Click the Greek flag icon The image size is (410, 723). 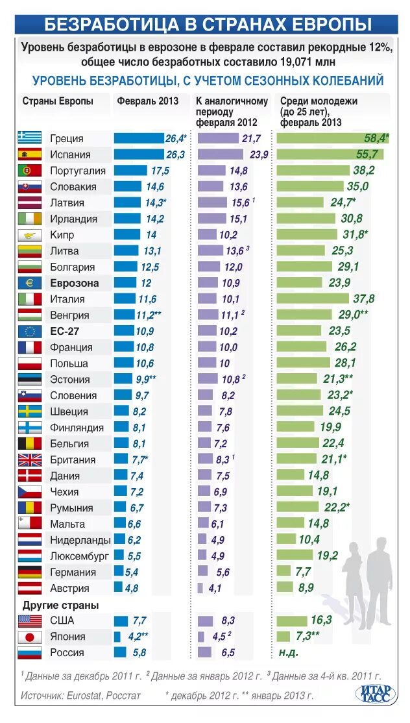point(30,138)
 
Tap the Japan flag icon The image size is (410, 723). point(30,637)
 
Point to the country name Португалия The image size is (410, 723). point(77,171)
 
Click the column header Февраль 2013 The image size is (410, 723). point(147,101)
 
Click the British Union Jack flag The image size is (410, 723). point(30,460)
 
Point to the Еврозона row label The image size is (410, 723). point(74,283)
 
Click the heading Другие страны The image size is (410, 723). point(60,605)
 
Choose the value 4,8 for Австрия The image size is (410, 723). point(131,589)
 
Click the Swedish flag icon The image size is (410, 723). point(30,411)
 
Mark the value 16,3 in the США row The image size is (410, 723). point(321,620)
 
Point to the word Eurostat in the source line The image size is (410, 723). point(84,695)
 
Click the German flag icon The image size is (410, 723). point(30,572)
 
